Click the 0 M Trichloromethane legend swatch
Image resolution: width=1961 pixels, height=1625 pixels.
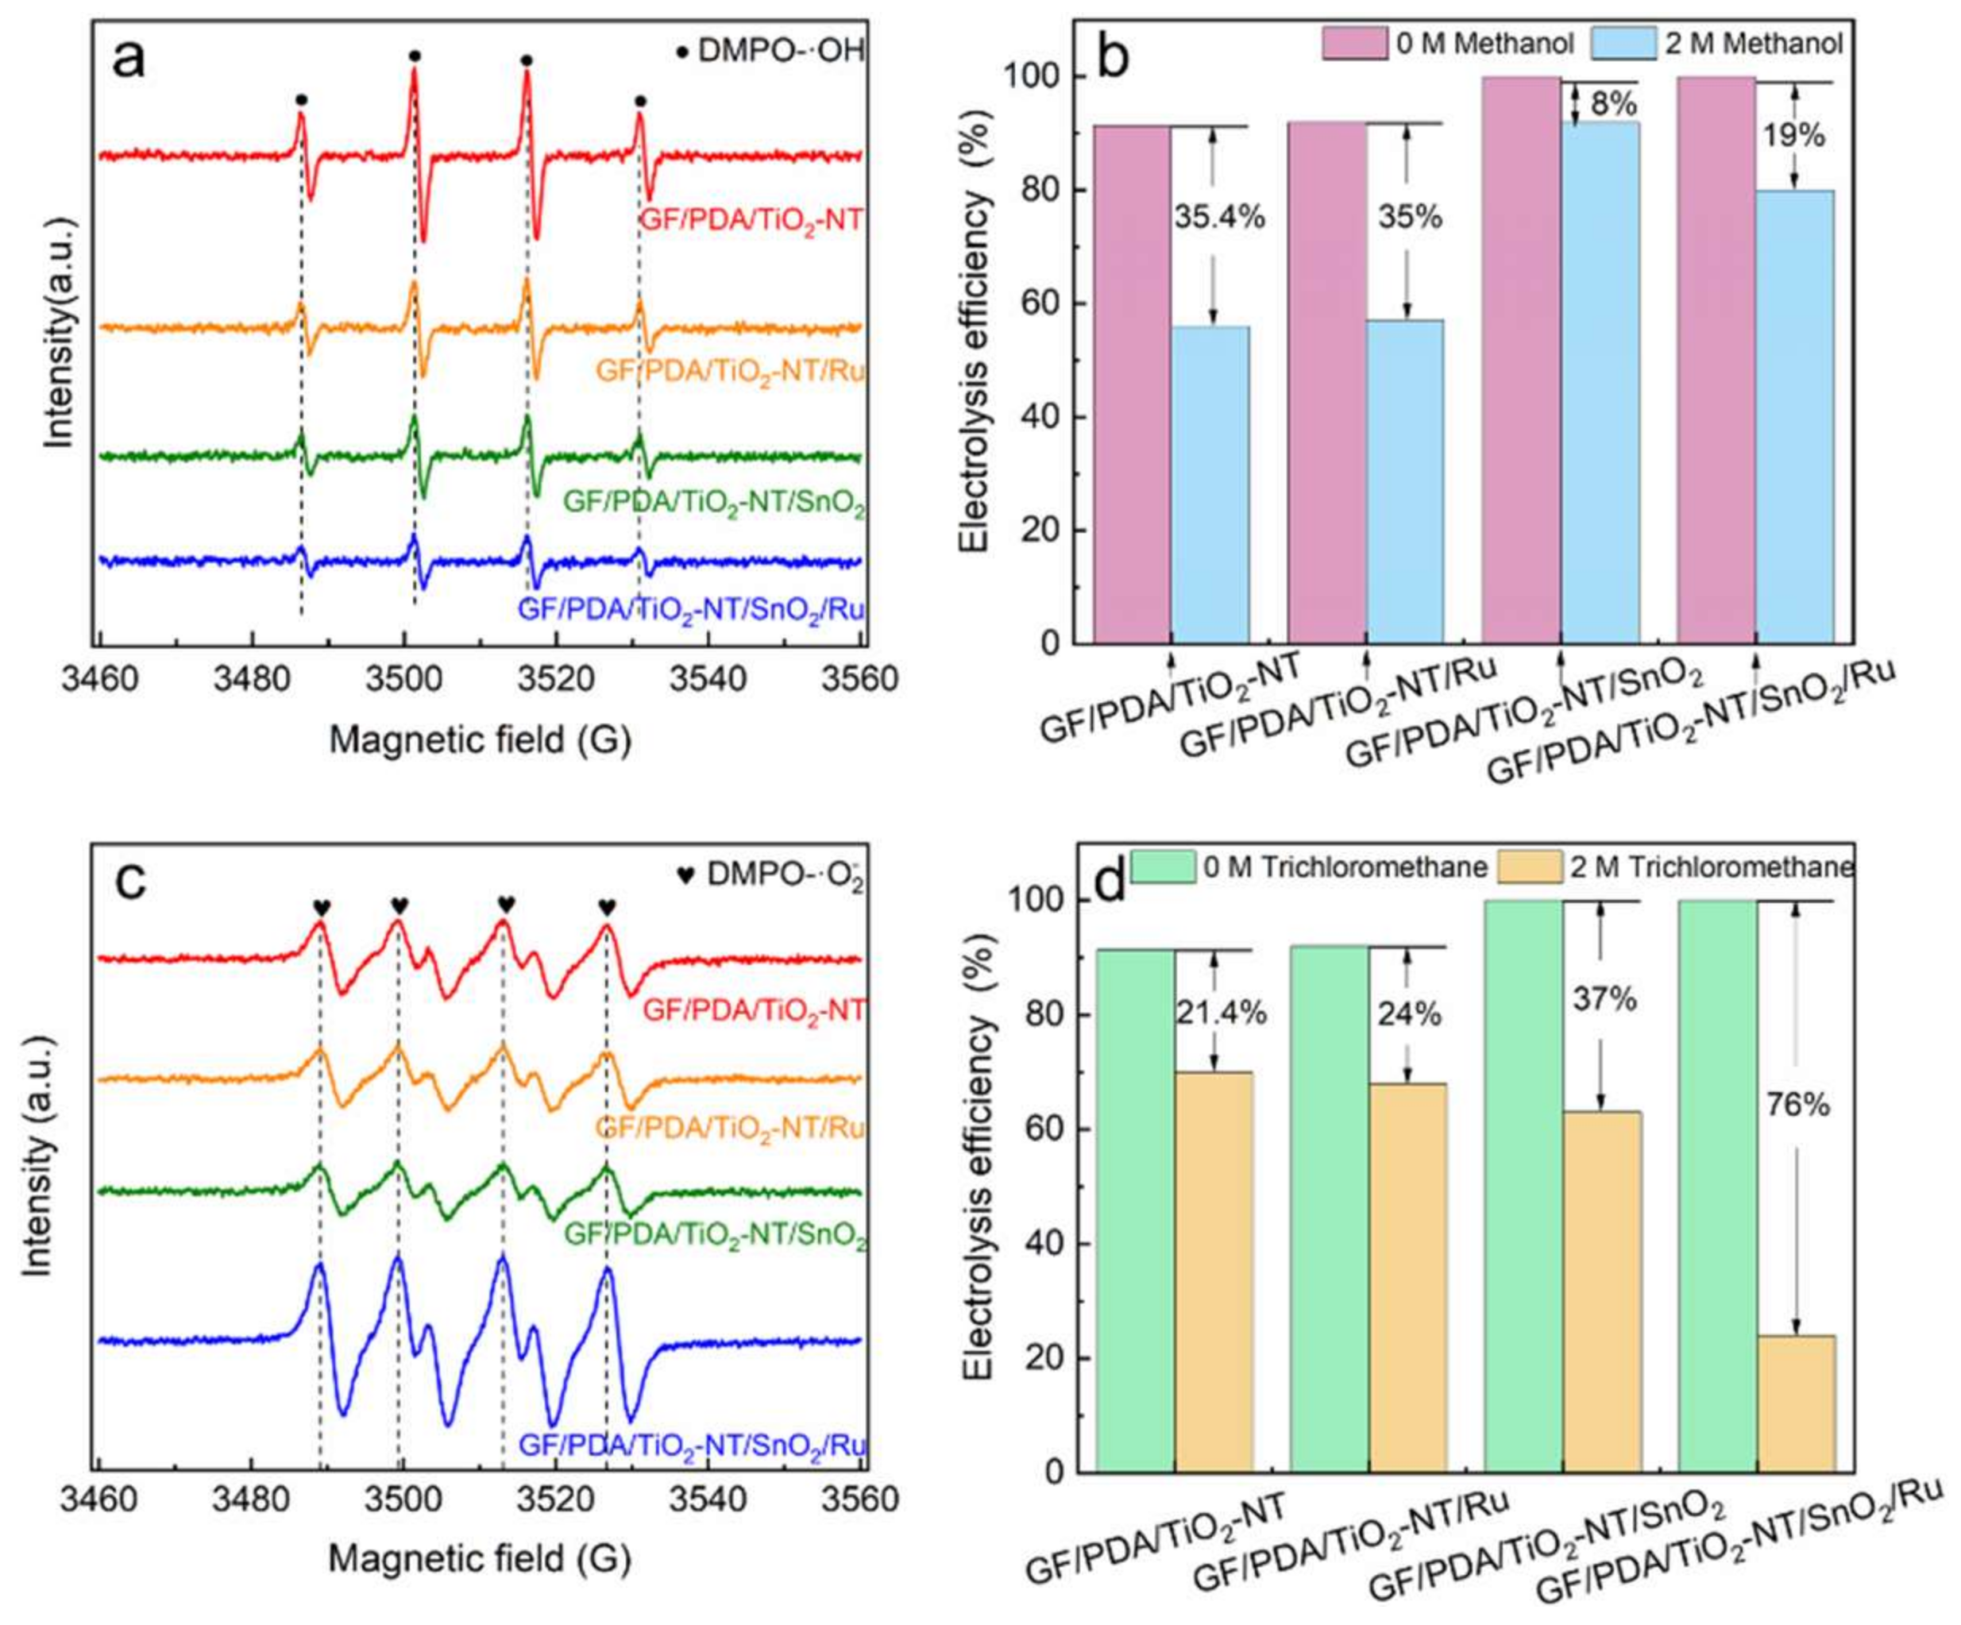(x=1164, y=867)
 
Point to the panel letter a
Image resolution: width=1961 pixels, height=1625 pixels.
(x=129, y=62)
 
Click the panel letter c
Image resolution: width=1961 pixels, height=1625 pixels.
(x=129, y=881)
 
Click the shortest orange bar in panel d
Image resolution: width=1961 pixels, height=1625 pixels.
(x=1795, y=1406)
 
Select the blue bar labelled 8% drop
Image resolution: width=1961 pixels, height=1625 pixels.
(x=1600, y=383)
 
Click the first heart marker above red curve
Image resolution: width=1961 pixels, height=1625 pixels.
(x=321, y=907)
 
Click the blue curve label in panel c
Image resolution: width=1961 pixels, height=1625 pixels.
(x=692, y=1446)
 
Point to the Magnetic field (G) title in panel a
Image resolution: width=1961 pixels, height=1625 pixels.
(x=480, y=740)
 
